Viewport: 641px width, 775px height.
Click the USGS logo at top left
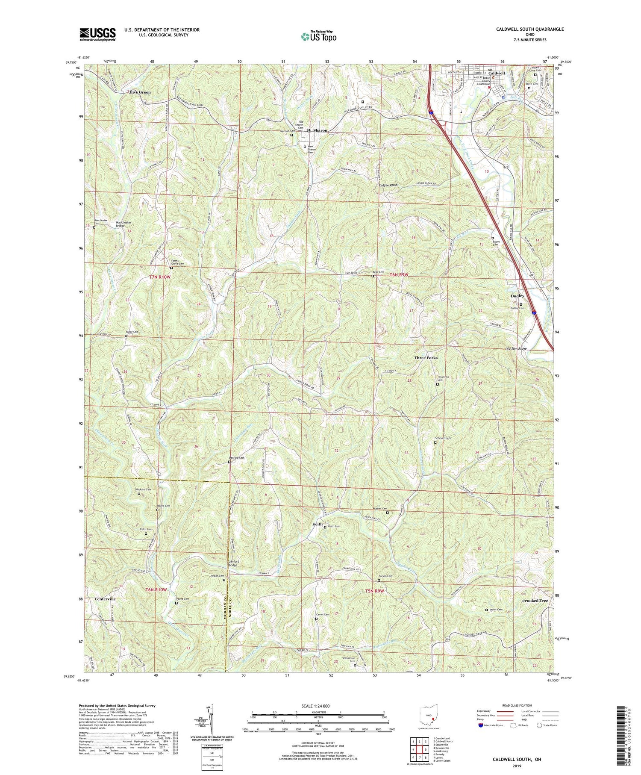tap(97, 34)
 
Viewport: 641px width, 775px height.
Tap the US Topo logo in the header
tap(318, 37)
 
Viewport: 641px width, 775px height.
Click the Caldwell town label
tap(497, 73)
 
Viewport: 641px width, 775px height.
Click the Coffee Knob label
tap(388, 185)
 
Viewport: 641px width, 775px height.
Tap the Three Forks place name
tap(426, 358)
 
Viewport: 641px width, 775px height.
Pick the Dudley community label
tap(517, 296)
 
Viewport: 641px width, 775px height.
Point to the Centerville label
tap(105, 599)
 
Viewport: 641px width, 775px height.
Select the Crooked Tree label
tap(535, 601)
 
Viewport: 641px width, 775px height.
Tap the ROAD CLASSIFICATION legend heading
tap(510, 706)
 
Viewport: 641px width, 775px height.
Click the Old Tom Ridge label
tap(516, 349)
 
